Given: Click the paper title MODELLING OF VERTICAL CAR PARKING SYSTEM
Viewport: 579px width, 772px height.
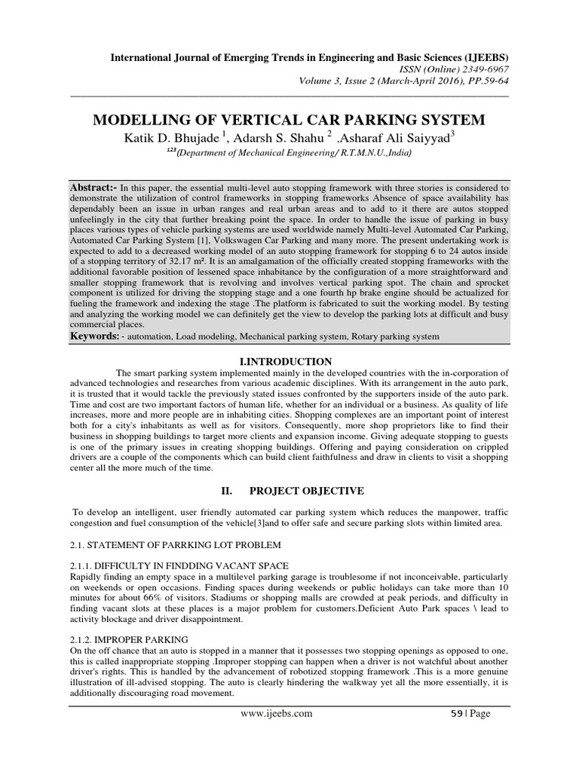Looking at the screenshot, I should tap(289, 121).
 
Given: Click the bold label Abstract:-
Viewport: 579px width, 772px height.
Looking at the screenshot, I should tap(95, 185).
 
